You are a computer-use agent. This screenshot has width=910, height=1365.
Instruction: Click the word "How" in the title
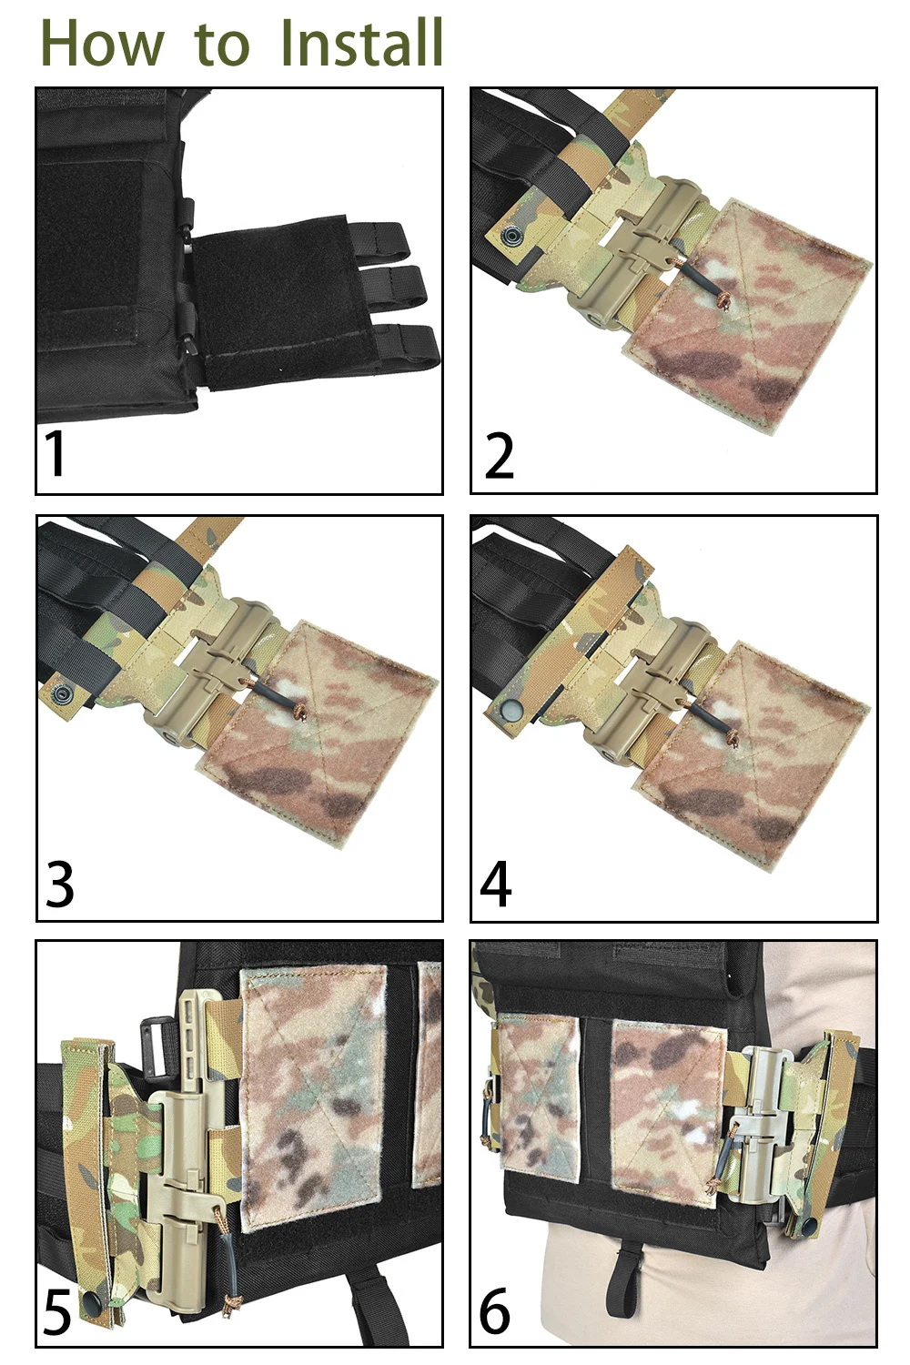[103, 43]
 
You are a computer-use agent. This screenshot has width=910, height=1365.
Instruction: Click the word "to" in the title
[222, 45]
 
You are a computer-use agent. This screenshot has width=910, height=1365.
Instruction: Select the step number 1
[55, 453]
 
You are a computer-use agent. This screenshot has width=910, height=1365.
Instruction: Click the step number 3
[59, 883]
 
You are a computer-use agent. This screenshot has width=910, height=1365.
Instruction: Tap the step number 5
[58, 1310]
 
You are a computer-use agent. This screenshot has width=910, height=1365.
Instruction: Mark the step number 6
[494, 1309]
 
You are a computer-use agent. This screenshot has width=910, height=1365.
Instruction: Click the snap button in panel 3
[61, 693]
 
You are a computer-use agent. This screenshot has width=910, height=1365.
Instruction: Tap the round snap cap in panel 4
[510, 708]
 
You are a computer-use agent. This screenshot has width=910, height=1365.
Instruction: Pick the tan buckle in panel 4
[655, 689]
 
